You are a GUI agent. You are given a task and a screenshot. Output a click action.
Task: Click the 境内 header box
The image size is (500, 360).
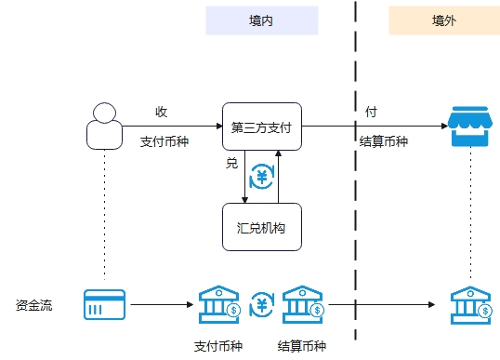(261, 20)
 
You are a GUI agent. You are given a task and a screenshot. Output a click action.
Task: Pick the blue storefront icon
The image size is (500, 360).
(470, 127)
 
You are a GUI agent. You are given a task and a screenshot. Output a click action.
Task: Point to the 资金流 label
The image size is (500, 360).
(34, 304)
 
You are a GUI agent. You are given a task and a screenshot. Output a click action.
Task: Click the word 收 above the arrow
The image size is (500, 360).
(161, 112)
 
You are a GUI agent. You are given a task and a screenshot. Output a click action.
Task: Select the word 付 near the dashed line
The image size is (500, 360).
(371, 112)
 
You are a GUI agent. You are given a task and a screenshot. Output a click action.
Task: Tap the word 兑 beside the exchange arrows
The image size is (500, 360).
(231, 163)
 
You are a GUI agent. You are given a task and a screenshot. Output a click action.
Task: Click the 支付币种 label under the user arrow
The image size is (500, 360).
(164, 142)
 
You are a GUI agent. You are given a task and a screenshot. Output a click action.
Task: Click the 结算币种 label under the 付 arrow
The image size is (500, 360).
(384, 142)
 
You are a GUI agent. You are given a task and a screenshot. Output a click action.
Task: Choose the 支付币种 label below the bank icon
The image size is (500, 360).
(218, 346)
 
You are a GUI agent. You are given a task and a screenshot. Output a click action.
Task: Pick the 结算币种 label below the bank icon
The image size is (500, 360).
(302, 346)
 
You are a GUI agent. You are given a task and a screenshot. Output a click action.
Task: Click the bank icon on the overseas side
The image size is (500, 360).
(470, 303)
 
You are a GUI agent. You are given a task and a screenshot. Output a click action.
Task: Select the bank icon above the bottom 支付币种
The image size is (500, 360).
(219, 303)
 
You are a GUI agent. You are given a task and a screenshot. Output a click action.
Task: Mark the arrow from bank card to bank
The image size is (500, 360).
(163, 304)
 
